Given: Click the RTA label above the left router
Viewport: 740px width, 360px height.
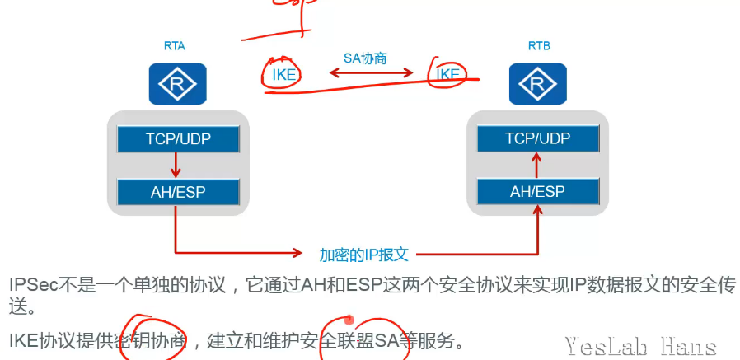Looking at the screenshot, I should (174, 45).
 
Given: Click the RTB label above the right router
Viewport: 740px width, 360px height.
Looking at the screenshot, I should (539, 45).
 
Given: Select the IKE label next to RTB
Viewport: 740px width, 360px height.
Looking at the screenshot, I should (448, 75).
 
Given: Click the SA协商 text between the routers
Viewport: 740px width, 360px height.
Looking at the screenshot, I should (365, 58).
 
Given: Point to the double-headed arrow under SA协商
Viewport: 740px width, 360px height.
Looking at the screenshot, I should (371, 74).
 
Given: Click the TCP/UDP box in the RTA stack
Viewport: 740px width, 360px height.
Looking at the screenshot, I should (178, 138).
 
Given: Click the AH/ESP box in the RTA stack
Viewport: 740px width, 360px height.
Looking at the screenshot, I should (178, 193).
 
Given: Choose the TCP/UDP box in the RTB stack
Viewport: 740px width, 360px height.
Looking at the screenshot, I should (537, 138).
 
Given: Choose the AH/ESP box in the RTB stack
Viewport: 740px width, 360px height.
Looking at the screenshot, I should (537, 193).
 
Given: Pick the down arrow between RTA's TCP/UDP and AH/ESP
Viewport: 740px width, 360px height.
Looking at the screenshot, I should (176, 166).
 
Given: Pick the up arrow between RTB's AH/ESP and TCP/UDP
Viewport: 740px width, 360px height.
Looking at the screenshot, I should (536, 166).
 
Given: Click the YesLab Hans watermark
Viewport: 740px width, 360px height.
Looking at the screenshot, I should (640, 346).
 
